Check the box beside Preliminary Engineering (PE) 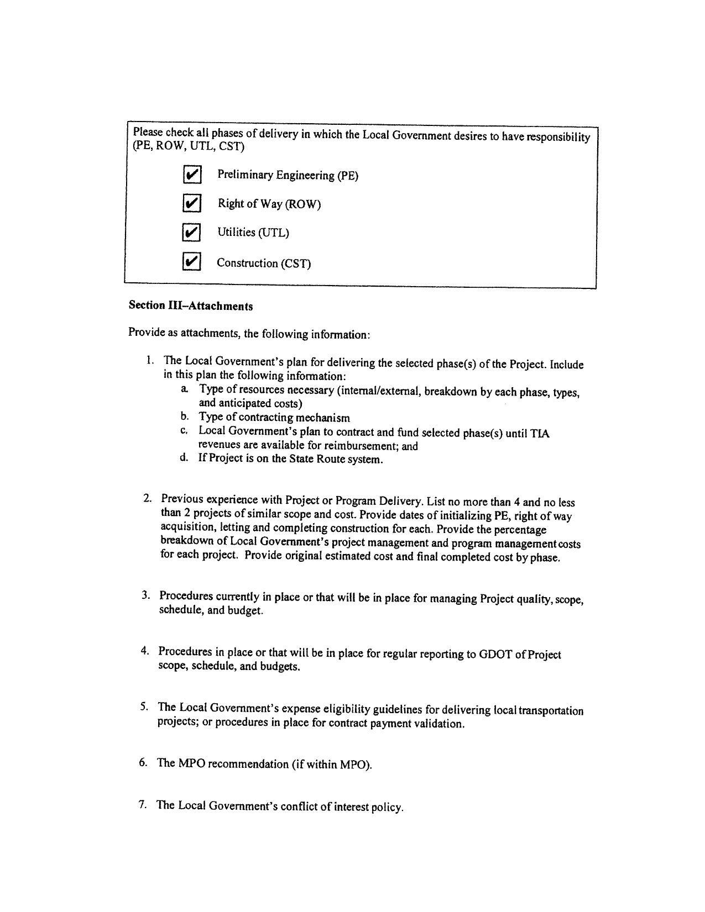coord(191,175)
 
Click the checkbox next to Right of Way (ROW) coord(191,203)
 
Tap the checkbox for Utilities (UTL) coord(191,233)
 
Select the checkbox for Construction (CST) coord(191,261)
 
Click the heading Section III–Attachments coord(191,305)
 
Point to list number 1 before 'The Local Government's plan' coord(150,360)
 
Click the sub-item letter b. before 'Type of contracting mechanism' coord(185,417)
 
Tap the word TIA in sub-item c coord(540,434)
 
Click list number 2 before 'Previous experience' coord(147,499)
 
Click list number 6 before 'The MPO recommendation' coord(144,763)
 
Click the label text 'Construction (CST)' coord(264,263)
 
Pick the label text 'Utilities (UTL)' coord(253,233)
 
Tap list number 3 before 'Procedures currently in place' coord(145,595)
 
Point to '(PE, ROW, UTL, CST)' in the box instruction coord(188,146)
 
